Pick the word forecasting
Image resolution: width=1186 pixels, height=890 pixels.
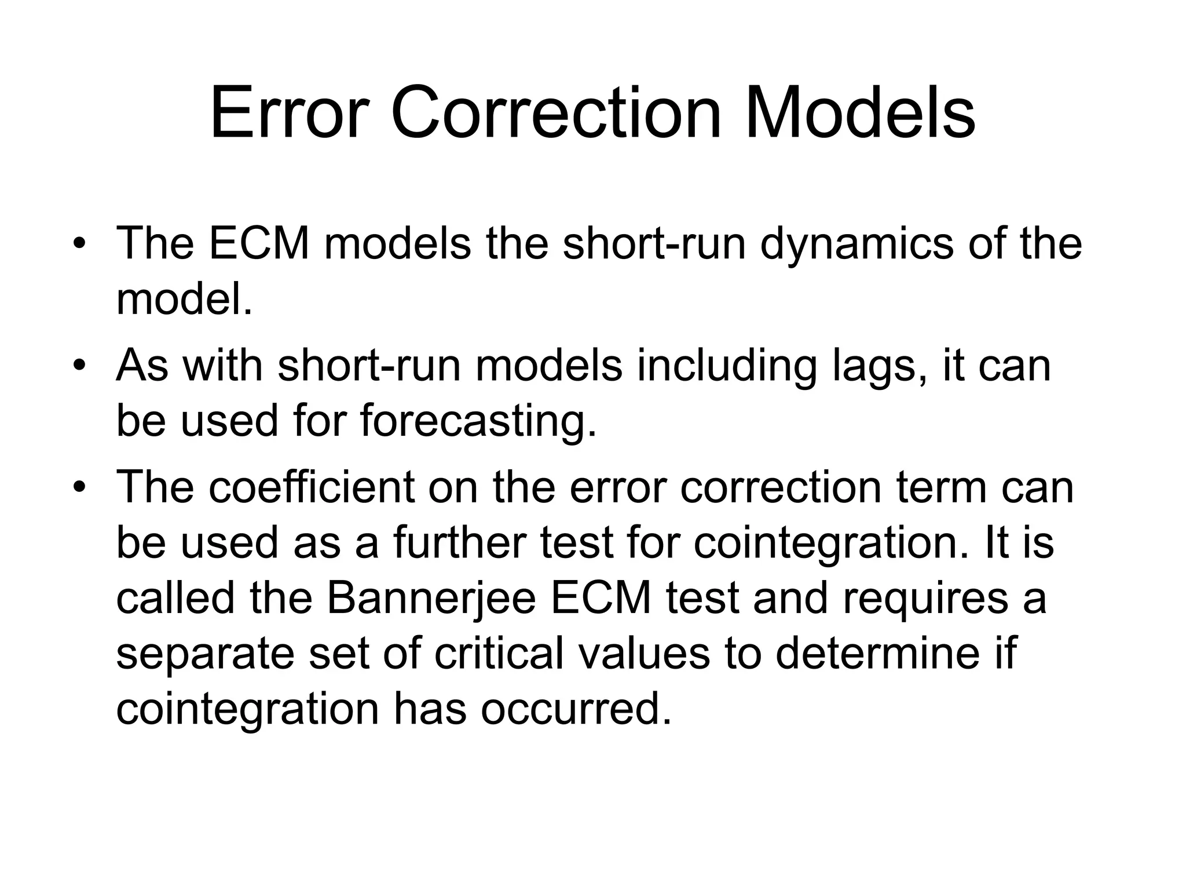pyautogui.click(x=478, y=421)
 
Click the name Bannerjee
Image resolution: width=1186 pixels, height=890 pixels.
pyautogui.click(x=431, y=598)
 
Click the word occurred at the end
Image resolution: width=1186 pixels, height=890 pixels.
pyautogui.click(x=576, y=709)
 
